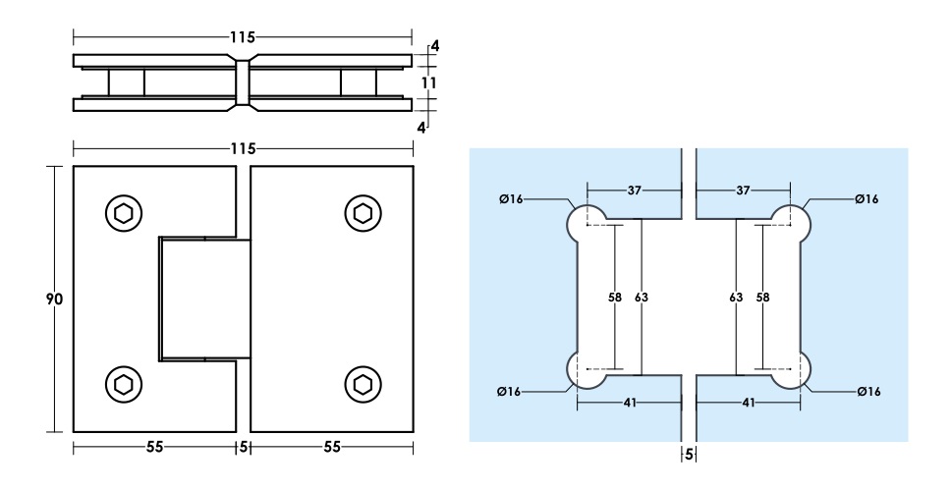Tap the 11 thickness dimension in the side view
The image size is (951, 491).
[428, 83]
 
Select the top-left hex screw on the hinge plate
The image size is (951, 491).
[123, 211]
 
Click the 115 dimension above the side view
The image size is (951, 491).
[243, 37]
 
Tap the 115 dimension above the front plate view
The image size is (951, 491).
[243, 149]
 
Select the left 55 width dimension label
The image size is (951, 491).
[155, 447]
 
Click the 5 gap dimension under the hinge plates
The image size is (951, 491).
[243, 447]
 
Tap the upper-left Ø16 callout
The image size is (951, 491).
[511, 199]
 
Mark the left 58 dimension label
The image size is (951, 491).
[616, 296]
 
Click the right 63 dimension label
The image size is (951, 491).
[736, 296]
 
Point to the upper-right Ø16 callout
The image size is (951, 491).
[867, 199]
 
